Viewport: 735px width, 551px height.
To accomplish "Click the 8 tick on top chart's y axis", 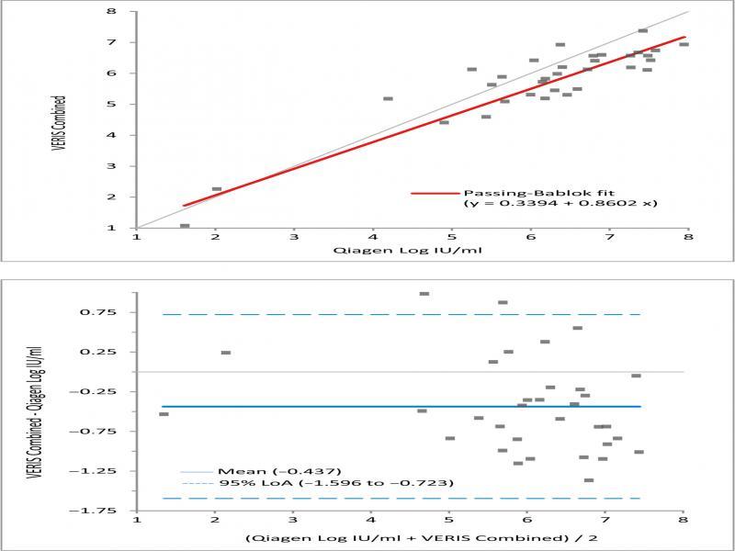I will [110, 12].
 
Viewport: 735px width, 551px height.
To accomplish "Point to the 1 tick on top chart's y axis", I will [110, 228].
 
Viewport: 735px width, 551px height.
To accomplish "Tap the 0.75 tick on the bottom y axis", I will [103, 312].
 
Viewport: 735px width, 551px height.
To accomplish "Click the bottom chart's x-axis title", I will [411, 538].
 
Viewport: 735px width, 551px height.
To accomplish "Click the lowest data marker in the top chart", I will [185, 226].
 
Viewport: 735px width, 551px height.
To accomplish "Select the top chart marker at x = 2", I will [217, 189].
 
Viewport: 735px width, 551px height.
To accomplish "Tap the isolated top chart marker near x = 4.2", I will [388, 98].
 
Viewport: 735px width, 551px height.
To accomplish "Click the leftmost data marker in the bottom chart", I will [164, 414].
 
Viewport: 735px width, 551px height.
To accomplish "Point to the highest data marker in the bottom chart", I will [424, 294].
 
